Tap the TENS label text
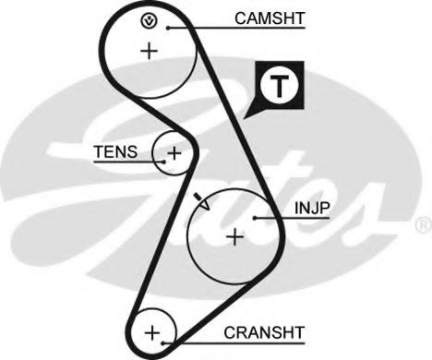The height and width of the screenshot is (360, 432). pyautogui.click(x=114, y=152)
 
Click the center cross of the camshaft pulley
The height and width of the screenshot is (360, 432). pyautogui.click(x=149, y=51)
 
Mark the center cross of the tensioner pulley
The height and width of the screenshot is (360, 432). pyautogui.click(x=173, y=151)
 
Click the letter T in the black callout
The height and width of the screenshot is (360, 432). pyautogui.click(x=277, y=85)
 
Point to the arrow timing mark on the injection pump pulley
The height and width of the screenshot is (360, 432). pyautogui.click(x=203, y=201)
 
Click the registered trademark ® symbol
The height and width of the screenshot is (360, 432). pyautogui.click(x=422, y=224)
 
